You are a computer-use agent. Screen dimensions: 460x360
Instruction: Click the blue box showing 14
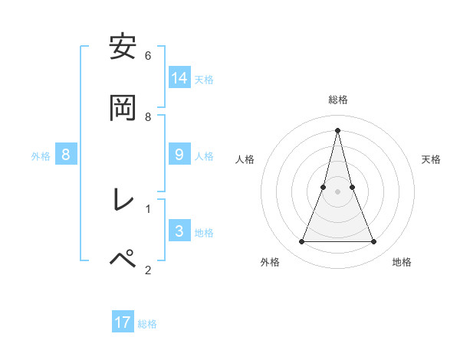[179, 77]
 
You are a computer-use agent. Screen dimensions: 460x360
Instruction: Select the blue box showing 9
[179, 155]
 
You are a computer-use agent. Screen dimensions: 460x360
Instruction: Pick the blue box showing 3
[179, 231]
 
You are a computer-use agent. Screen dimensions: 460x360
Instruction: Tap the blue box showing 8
[66, 155]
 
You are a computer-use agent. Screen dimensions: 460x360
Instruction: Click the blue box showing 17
[123, 322]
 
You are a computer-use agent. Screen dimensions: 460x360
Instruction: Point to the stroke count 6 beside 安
[148, 55]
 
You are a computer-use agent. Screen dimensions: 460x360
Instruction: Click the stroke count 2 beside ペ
[148, 269]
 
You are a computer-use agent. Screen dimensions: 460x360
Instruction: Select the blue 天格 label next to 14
[204, 79]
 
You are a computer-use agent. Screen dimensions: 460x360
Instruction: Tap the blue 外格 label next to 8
[41, 156]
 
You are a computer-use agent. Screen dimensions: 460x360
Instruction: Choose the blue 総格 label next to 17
[147, 324]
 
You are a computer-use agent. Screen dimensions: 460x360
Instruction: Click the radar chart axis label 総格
[338, 100]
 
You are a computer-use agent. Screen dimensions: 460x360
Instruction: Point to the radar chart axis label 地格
[402, 262]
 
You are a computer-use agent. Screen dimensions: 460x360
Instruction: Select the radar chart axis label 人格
[245, 159]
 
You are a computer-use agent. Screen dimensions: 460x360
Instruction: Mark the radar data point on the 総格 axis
[337, 129]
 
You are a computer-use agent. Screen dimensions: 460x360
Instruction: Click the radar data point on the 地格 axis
[374, 242]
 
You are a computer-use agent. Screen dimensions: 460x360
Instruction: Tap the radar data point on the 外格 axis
[301, 242]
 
